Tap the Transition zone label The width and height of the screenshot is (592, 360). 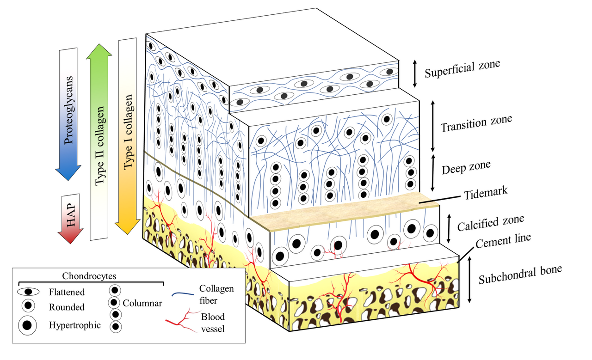476,124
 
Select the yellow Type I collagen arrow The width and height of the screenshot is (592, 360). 128,134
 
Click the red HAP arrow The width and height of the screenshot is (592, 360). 71,217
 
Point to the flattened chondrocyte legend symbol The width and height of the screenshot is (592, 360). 29,292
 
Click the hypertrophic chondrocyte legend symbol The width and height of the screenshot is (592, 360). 28,325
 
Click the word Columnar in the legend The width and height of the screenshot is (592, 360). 142,303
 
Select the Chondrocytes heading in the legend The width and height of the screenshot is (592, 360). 88,275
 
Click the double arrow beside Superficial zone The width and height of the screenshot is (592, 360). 415,73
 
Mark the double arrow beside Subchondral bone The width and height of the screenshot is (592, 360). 470,280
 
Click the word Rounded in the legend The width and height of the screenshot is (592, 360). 66,307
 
